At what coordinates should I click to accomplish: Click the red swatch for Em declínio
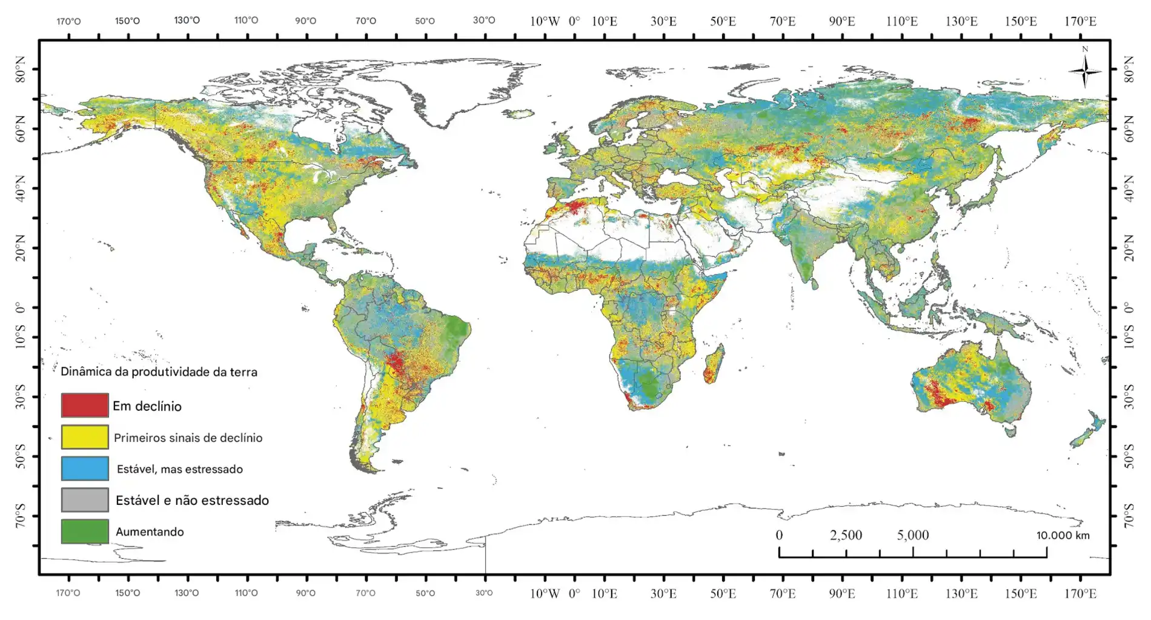(x=85, y=405)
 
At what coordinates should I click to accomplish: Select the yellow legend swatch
(x=85, y=437)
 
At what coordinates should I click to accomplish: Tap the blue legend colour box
(x=85, y=468)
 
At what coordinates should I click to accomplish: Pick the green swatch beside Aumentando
(x=85, y=532)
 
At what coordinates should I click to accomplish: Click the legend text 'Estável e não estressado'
(x=192, y=501)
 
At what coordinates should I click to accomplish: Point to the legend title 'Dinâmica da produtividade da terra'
(x=159, y=372)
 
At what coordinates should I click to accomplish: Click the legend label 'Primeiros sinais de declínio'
(x=188, y=438)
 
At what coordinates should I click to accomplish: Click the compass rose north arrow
(x=1084, y=71)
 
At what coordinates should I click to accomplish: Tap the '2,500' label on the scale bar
(x=846, y=535)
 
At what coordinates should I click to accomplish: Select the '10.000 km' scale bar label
(x=1063, y=535)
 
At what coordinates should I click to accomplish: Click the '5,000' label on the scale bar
(x=912, y=535)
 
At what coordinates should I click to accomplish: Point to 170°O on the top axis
(x=68, y=21)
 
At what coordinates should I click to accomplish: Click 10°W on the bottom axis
(x=545, y=593)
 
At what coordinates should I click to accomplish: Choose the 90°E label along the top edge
(x=842, y=21)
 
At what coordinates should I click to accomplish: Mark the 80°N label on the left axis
(x=21, y=69)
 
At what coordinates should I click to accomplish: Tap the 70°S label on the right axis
(x=1129, y=516)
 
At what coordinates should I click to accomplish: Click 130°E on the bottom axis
(x=961, y=593)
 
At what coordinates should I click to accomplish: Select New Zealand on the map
(x=1089, y=430)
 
